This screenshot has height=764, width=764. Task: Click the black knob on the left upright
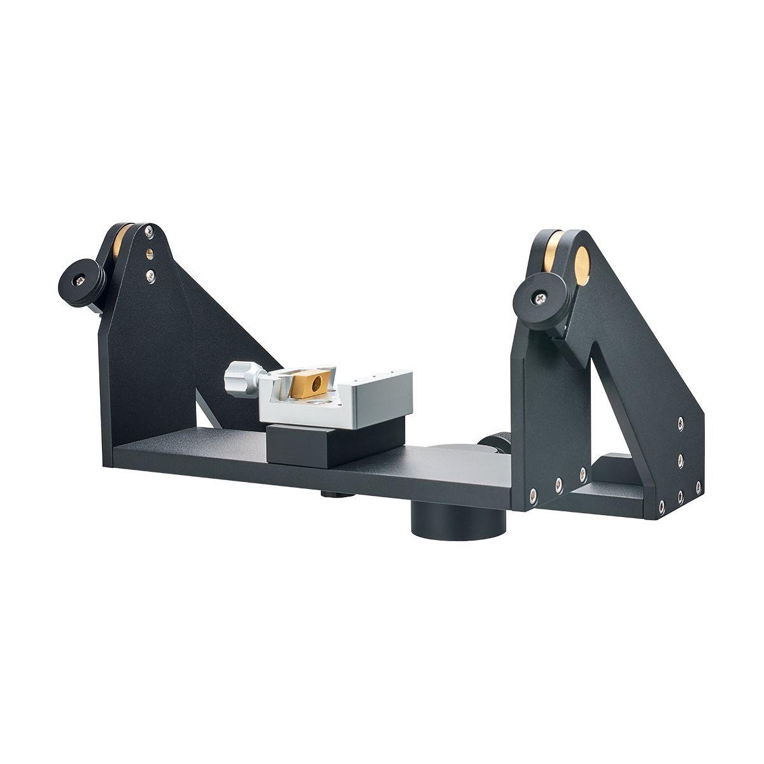coord(81,282)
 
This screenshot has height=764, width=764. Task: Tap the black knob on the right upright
coord(540,297)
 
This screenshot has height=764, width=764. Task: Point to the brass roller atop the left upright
coord(119,241)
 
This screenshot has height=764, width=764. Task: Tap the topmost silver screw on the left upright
coord(148,231)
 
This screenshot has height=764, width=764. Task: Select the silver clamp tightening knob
coord(241,378)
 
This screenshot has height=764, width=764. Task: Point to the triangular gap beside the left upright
coord(206,414)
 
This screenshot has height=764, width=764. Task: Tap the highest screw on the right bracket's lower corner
coord(681,423)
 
